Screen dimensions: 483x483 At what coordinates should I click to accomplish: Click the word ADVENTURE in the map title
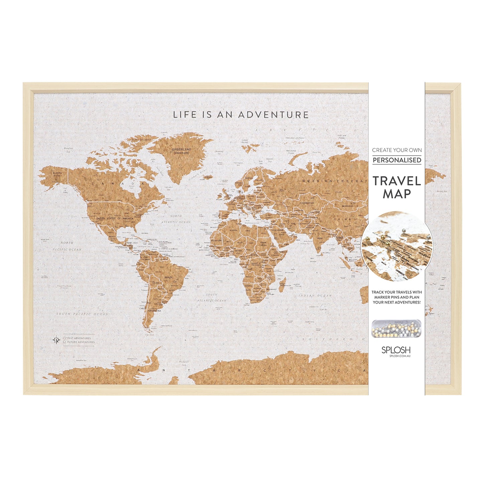tap(273, 115)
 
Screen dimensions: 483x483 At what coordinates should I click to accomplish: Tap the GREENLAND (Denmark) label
tap(181, 151)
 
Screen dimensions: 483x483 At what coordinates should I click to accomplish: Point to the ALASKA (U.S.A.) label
tap(57, 174)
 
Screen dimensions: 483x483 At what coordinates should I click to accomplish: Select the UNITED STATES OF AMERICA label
tap(114, 218)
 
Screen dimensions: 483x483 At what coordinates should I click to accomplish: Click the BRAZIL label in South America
tap(169, 277)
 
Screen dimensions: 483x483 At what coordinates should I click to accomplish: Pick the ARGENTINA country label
tap(154, 311)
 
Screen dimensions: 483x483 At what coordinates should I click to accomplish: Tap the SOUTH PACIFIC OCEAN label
tap(82, 314)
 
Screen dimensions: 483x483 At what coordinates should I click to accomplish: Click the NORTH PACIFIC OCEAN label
tap(67, 246)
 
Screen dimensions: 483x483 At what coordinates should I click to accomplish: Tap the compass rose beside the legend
tap(56, 340)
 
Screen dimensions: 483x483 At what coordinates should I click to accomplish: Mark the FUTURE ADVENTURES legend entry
tap(81, 342)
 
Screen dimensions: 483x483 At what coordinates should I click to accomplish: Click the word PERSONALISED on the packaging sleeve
tap(397, 160)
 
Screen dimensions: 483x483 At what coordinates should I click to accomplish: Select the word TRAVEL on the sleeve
tap(397, 181)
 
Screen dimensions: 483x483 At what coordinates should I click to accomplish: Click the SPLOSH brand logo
tap(396, 350)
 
